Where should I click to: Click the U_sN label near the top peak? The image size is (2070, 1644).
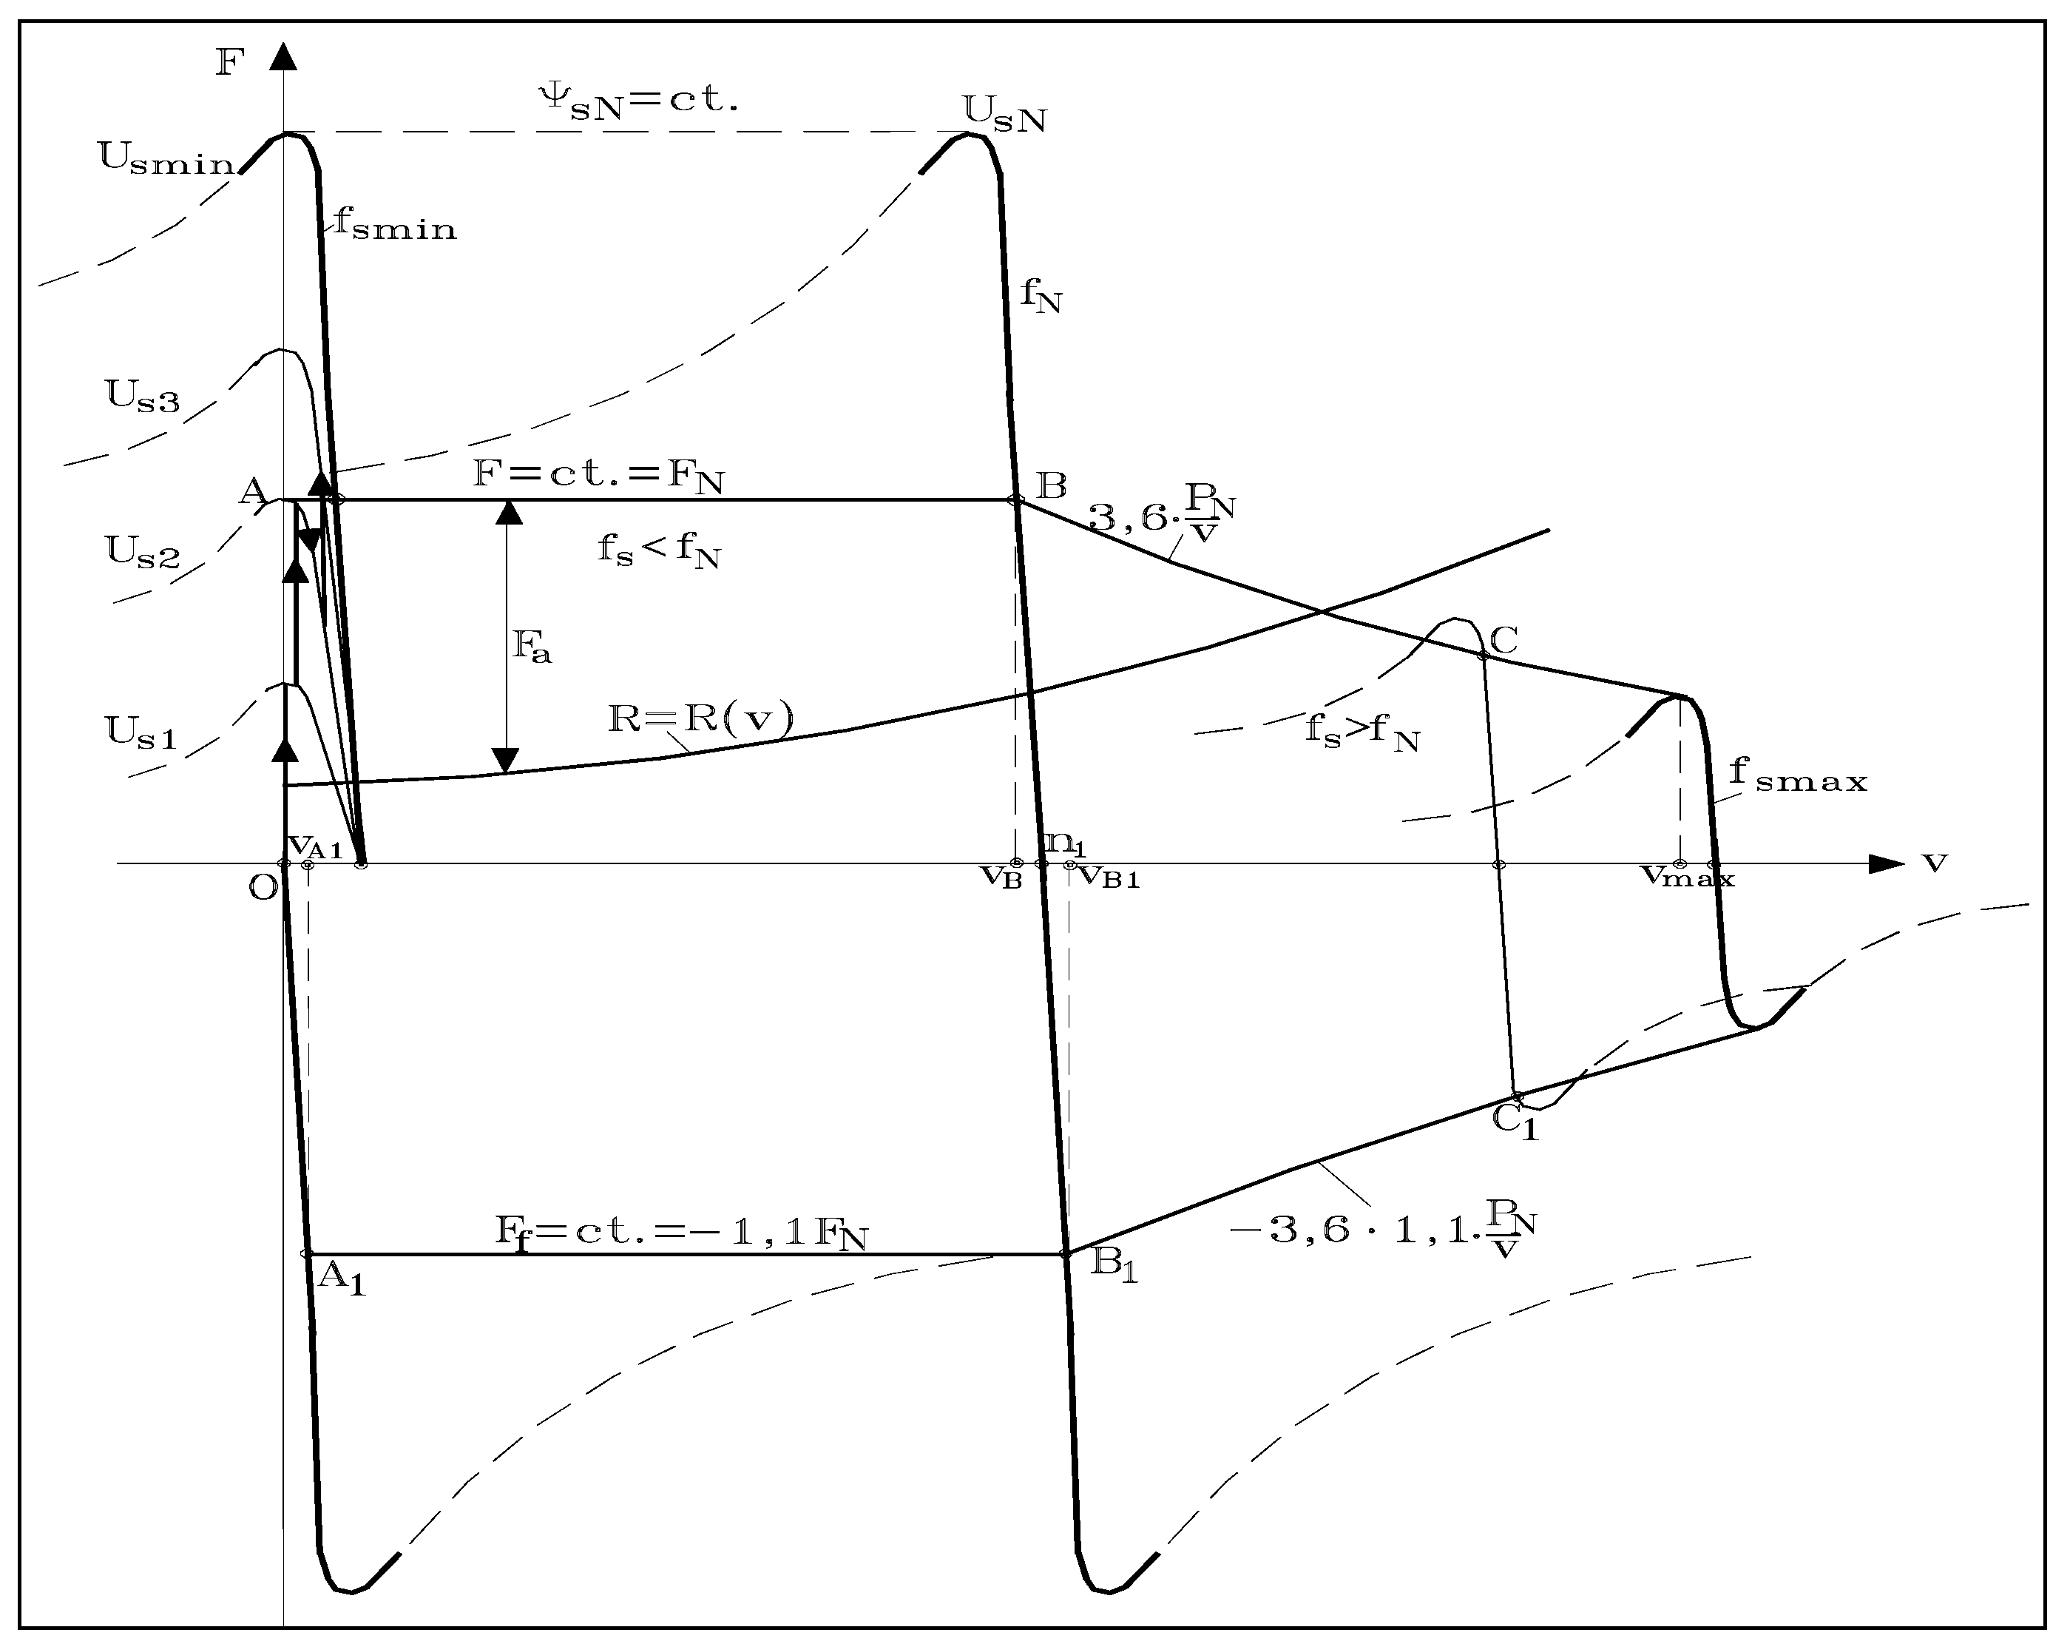[x=1004, y=115]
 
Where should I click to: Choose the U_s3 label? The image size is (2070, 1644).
[x=142, y=397]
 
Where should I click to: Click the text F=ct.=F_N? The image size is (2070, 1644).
[x=598, y=475]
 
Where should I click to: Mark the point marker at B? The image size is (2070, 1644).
[x=1015, y=499]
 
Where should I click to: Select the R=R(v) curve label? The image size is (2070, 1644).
[x=702, y=719]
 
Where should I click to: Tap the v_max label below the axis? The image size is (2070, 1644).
[x=1687, y=877]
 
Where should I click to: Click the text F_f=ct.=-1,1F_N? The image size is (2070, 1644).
[x=680, y=1232]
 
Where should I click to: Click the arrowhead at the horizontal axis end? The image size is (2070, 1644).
[x=1887, y=863]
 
